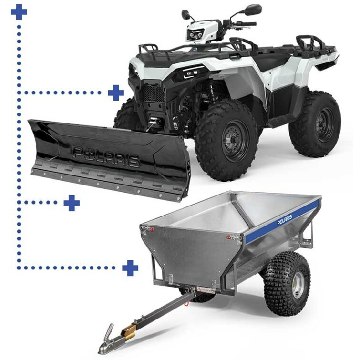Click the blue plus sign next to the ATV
pos(116,93)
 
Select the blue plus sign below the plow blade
pos(72,203)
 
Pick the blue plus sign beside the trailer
pos(130,267)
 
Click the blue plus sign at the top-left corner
pos(19,12)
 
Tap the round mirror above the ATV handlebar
pos(253,9)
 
